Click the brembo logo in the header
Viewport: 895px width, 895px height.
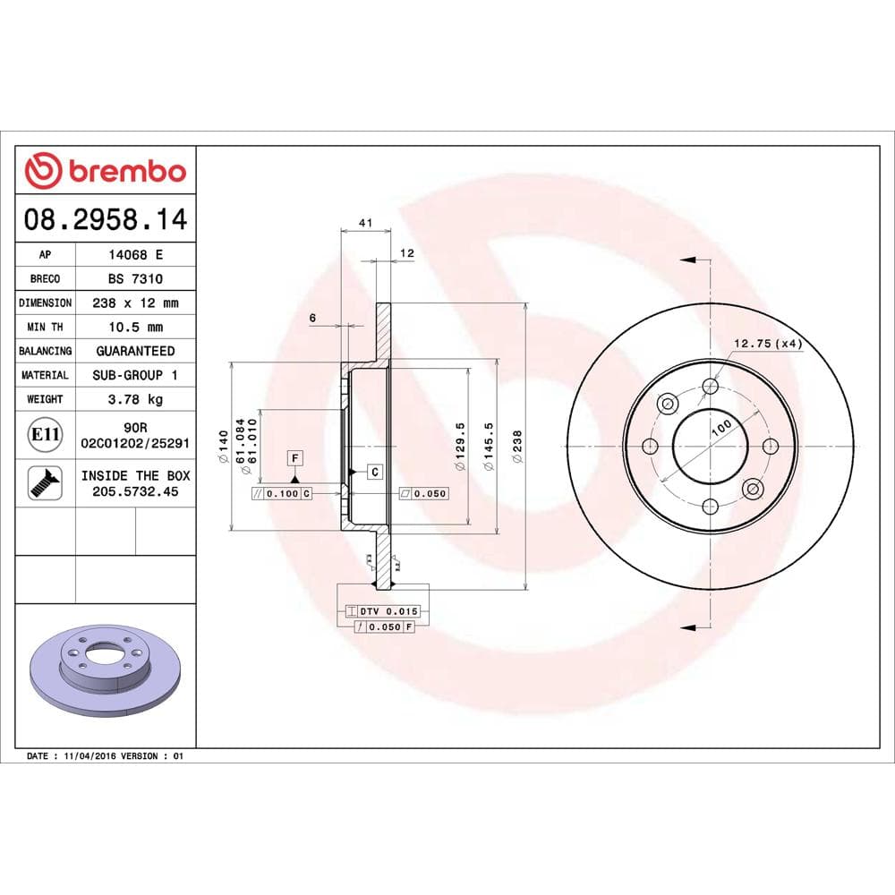point(106,170)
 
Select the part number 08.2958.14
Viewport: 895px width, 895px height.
point(106,218)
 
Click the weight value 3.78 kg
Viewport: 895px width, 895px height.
point(134,399)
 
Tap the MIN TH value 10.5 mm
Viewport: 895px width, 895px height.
point(134,327)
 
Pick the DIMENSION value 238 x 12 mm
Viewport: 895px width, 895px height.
point(134,303)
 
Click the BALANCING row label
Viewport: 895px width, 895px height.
point(45,351)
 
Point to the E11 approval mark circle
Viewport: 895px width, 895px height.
point(45,435)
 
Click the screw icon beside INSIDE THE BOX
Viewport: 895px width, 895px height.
point(45,482)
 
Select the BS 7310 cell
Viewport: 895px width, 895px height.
point(134,278)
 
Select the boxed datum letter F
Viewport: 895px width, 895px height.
point(294,458)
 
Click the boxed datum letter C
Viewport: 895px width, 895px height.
point(375,471)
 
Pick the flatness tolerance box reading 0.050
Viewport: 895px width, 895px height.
point(422,493)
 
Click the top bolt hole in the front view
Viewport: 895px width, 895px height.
point(711,387)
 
